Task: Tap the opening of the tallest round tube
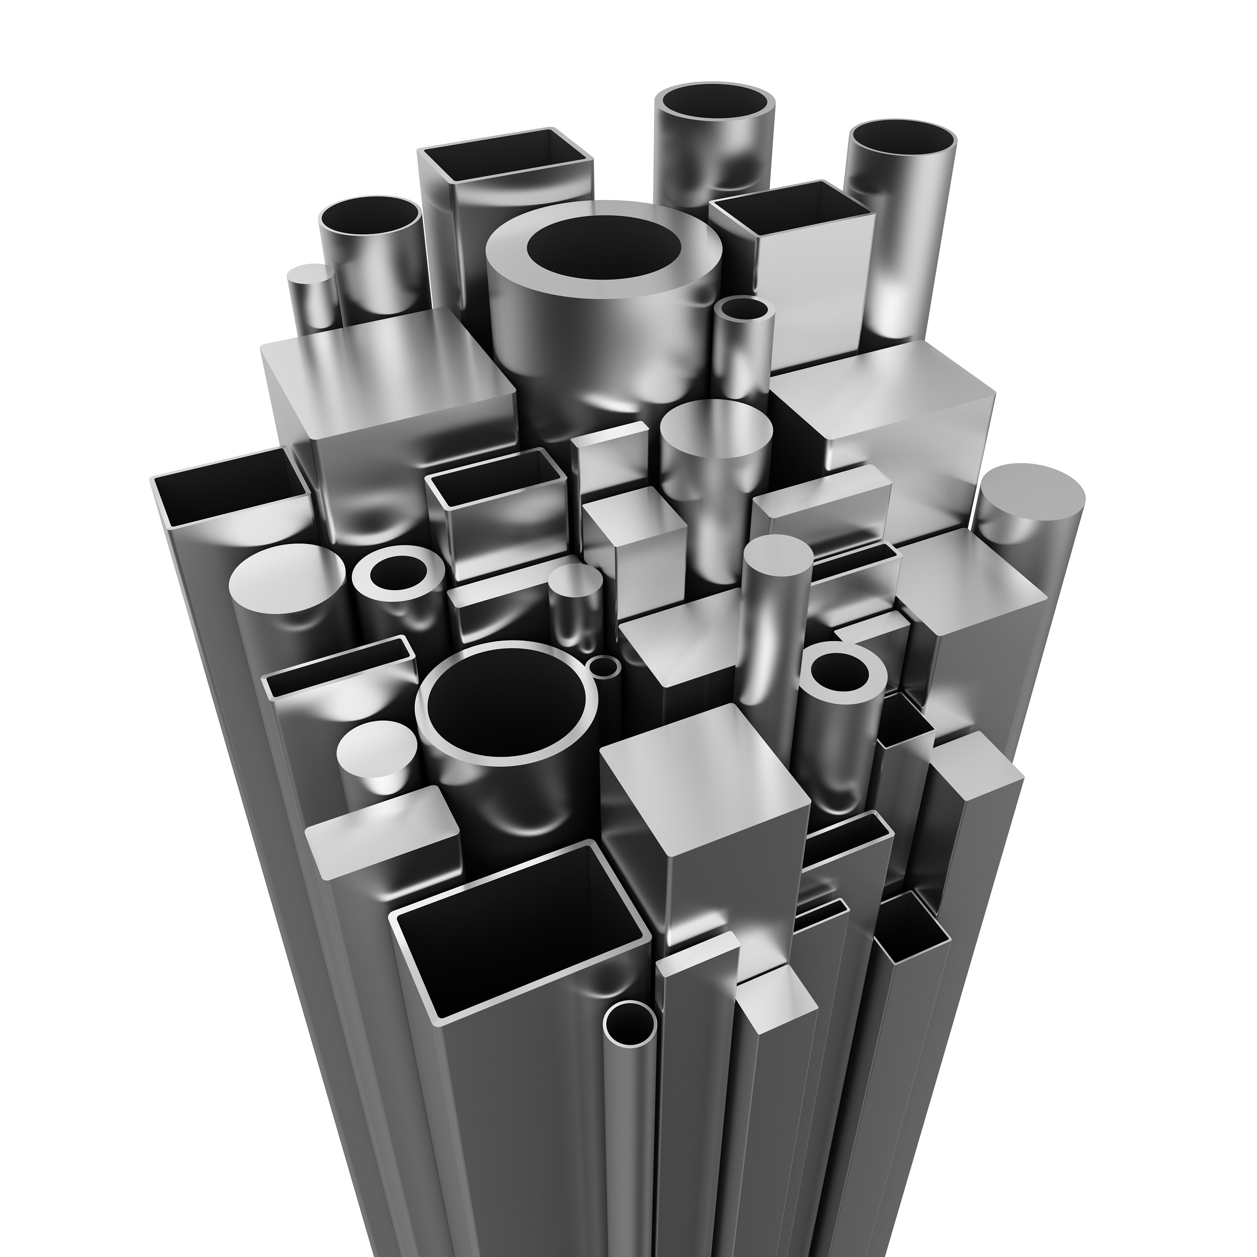point(714,104)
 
